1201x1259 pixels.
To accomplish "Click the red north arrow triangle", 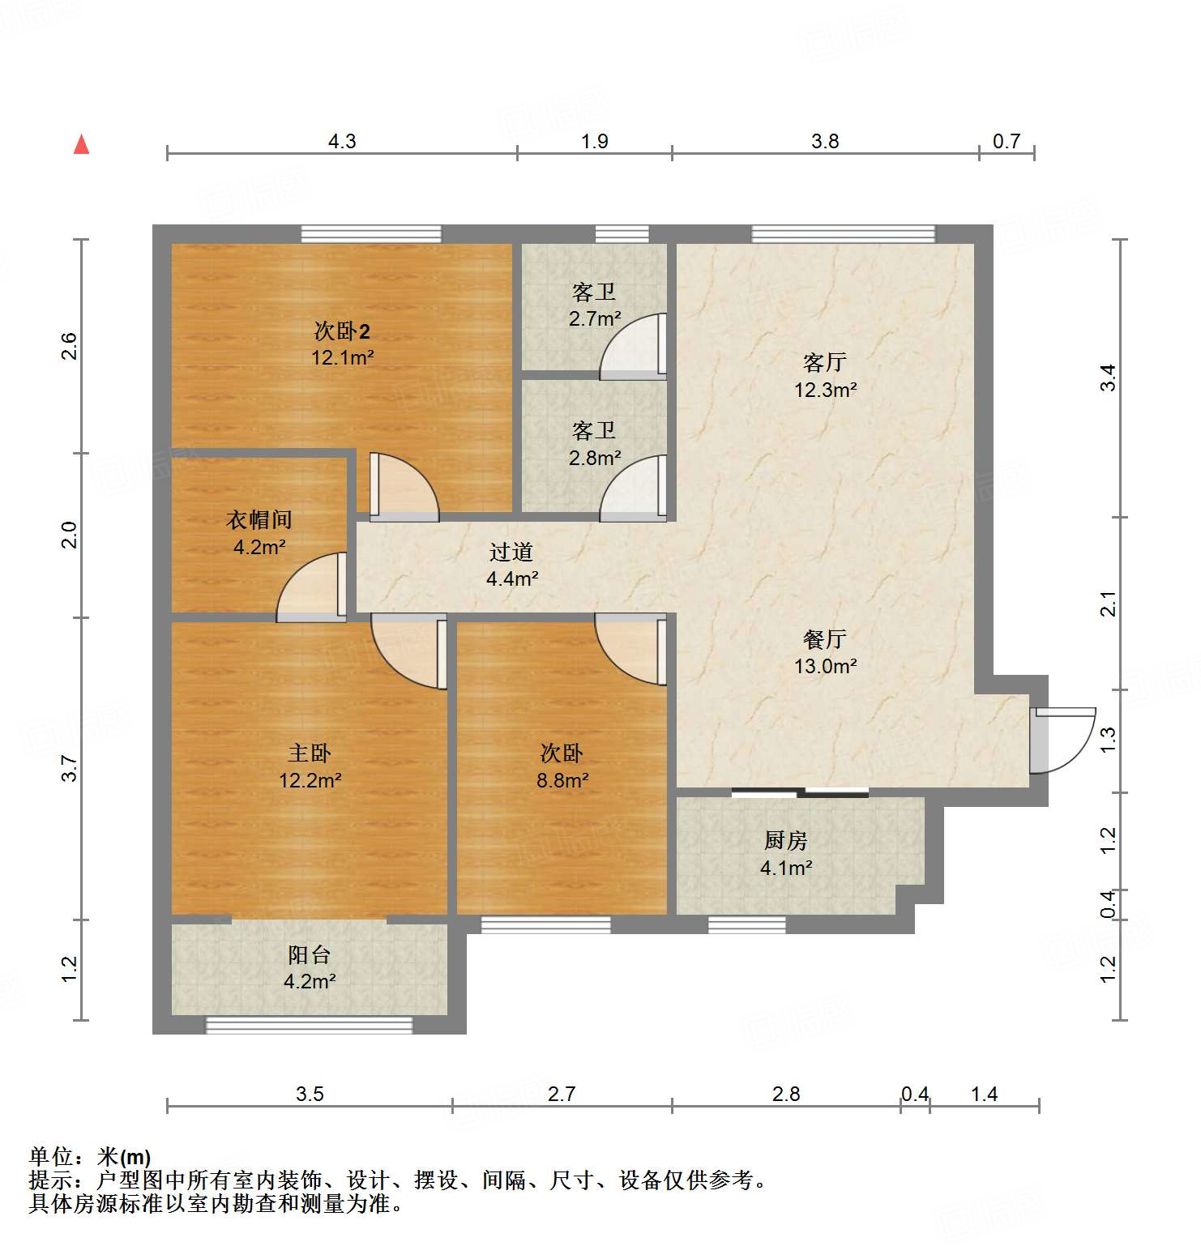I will (81, 145).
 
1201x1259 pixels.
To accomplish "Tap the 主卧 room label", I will (310, 753).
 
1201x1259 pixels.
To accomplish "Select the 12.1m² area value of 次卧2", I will (342, 357).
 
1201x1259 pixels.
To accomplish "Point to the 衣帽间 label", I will (259, 519).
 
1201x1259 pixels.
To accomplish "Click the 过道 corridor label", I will (511, 552).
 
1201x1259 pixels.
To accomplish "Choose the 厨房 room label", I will (785, 841).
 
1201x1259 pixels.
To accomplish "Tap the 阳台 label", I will (309, 955).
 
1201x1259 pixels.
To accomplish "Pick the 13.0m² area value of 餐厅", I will (825, 666).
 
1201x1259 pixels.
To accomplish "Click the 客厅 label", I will (825, 361).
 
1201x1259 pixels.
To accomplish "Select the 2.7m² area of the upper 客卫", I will (595, 318).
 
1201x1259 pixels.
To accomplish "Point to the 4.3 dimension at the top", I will (342, 141).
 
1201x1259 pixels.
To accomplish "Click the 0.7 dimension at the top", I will (1007, 141).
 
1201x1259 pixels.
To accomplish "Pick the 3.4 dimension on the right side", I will (1108, 378).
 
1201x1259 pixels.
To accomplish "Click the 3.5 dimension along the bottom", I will (310, 1095).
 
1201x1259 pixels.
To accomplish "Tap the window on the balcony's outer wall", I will (309, 1026).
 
